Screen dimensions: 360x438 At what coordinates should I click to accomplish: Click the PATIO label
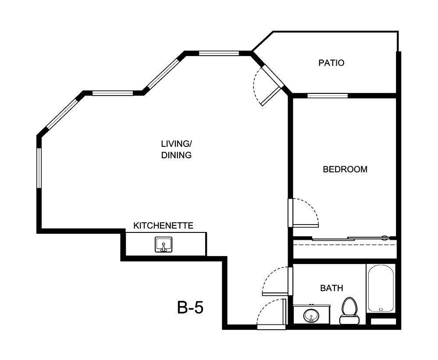click(331, 63)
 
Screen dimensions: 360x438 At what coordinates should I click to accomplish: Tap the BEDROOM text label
click(345, 169)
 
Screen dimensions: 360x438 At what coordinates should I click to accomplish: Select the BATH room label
click(331, 288)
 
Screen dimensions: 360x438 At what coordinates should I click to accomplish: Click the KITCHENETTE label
click(163, 226)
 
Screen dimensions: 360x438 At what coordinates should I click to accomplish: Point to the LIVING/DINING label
click(176, 149)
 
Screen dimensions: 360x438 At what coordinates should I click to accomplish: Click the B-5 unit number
click(190, 307)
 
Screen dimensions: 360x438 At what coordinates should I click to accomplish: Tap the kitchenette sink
click(163, 244)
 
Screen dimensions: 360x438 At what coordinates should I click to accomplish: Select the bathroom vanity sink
click(311, 315)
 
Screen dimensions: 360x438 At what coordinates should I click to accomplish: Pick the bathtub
click(381, 289)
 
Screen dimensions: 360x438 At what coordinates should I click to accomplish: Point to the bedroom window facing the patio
click(327, 96)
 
